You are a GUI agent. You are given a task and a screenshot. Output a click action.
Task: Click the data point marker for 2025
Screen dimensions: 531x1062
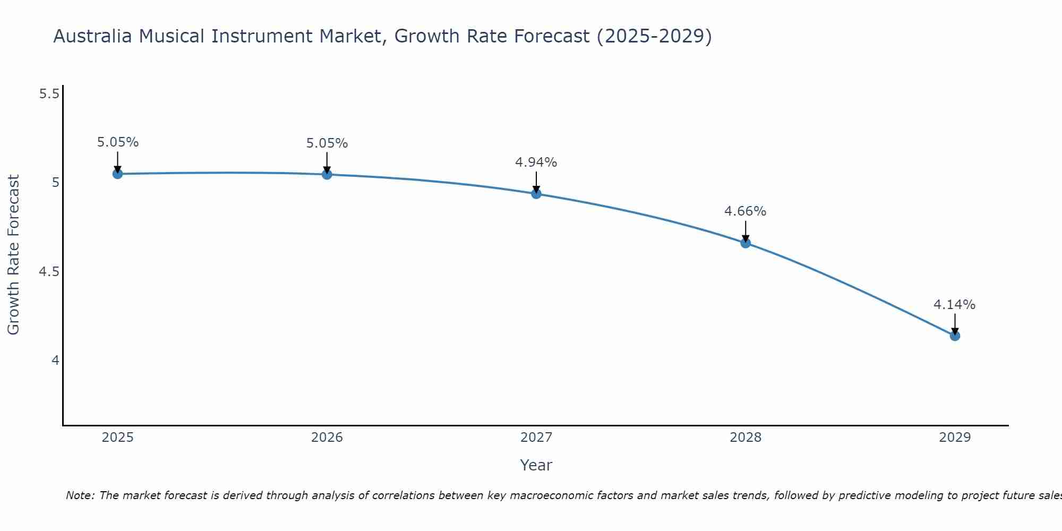[118, 174]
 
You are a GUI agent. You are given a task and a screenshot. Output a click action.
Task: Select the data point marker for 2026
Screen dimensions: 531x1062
[327, 174]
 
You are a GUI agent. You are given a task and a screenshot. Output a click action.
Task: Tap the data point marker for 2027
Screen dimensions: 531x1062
[536, 194]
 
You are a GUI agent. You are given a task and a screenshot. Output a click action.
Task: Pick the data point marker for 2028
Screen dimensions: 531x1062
[746, 243]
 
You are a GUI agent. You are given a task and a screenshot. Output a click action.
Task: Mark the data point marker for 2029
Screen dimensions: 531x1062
[955, 336]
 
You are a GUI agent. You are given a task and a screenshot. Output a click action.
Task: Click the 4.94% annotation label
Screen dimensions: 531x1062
[536, 162]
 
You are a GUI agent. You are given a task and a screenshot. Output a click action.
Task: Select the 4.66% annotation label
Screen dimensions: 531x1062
[746, 211]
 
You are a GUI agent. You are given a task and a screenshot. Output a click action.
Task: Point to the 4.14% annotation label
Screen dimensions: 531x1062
[955, 305]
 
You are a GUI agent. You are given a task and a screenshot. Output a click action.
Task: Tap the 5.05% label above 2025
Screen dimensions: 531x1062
[118, 142]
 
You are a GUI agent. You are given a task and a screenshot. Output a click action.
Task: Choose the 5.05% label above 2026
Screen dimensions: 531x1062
[327, 143]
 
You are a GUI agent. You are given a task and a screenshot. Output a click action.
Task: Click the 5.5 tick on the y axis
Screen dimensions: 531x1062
[49, 94]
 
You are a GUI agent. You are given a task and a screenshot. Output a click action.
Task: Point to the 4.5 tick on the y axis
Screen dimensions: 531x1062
[49, 272]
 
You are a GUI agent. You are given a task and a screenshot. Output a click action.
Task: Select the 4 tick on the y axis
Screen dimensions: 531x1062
[55, 361]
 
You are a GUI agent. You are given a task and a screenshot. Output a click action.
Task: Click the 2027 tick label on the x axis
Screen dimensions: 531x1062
[536, 438]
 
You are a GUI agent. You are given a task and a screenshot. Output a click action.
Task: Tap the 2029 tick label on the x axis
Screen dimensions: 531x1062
[955, 438]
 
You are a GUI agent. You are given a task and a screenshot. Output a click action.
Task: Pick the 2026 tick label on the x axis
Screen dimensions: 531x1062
[327, 438]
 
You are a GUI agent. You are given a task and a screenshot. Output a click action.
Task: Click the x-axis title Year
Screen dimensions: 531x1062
[536, 465]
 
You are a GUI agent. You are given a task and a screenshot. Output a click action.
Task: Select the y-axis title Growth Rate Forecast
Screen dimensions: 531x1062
[14, 255]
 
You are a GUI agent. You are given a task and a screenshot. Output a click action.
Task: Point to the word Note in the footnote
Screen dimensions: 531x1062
[79, 495]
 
